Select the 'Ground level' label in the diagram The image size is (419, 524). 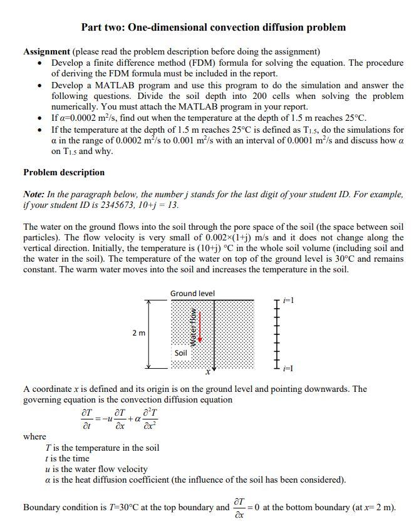192,294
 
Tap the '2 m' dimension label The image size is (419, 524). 139,333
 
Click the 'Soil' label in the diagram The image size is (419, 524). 180,353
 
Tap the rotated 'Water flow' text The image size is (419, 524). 194,328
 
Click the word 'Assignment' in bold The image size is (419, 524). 46,51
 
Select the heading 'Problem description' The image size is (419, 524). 64,172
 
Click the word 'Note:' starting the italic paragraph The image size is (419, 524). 35,195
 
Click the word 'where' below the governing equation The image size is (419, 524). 34,436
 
